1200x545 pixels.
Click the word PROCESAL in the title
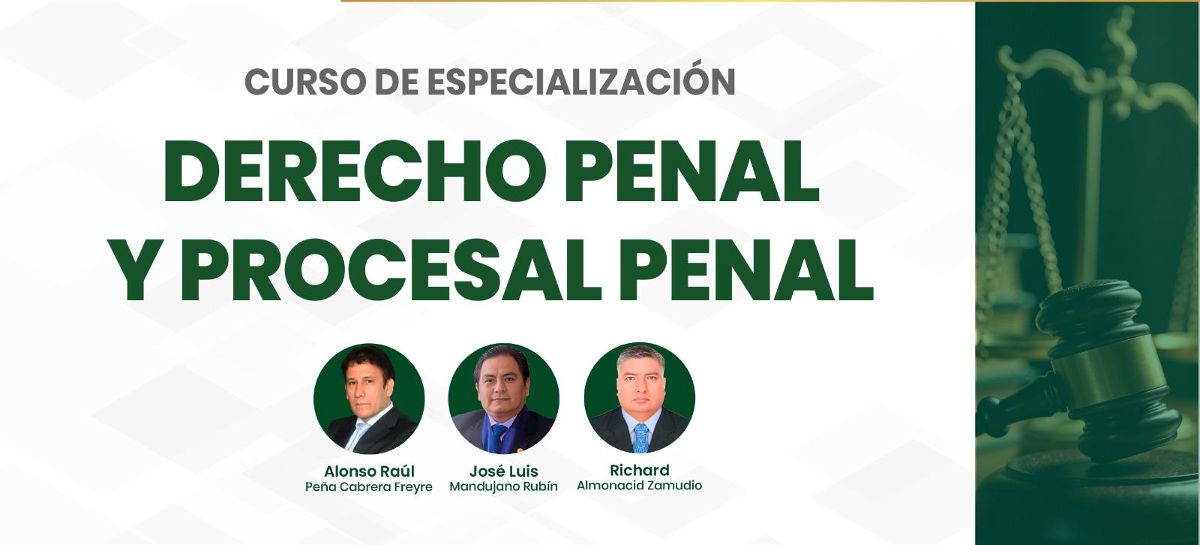pyautogui.click(x=391, y=271)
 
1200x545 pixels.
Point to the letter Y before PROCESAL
pyautogui.click(x=142, y=271)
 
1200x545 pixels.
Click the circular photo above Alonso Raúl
pyautogui.click(x=369, y=399)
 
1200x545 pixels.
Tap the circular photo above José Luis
pyautogui.click(x=503, y=399)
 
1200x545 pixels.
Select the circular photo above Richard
pyautogui.click(x=640, y=398)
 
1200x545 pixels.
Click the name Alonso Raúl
pyautogui.click(x=369, y=471)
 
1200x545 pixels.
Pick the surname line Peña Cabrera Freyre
pyautogui.click(x=369, y=487)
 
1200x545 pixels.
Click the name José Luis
pyautogui.click(x=503, y=471)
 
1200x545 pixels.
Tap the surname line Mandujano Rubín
pyautogui.click(x=503, y=486)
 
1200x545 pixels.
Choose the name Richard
pyautogui.click(x=640, y=470)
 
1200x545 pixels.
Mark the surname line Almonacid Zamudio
pyautogui.click(x=640, y=486)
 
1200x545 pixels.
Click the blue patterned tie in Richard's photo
pyautogui.click(x=640, y=438)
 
